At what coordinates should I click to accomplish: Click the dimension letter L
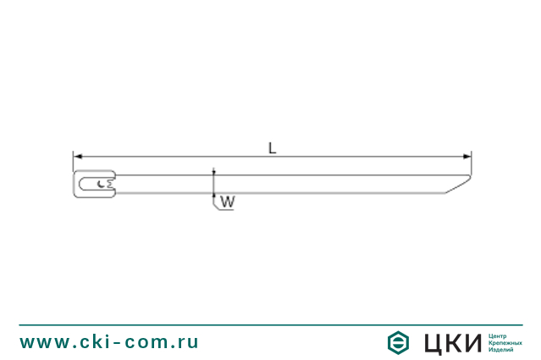[272, 147]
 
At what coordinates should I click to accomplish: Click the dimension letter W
[227, 202]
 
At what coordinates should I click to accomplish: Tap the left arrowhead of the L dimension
[76, 157]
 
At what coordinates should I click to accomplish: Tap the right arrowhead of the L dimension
[467, 157]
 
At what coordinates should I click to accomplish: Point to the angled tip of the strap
[457, 185]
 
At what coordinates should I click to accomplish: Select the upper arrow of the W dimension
[214, 173]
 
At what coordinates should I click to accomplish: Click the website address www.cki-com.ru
[109, 342]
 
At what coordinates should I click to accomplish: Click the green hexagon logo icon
[398, 342]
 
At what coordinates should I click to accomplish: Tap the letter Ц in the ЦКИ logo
[433, 342]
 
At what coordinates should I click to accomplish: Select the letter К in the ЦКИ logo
[455, 342]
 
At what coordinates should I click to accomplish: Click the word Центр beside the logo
[497, 335]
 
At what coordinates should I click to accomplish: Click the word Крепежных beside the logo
[503, 342]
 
